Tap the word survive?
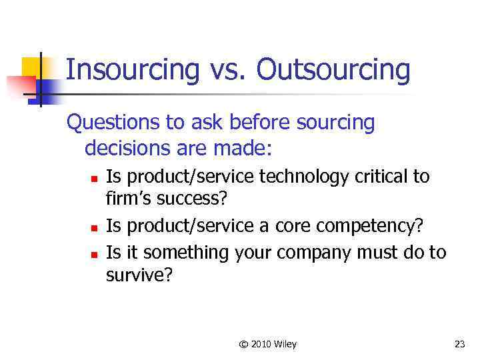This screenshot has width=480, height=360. [x=139, y=275]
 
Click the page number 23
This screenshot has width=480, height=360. [x=459, y=344]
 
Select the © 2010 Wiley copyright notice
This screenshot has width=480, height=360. [x=267, y=344]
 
